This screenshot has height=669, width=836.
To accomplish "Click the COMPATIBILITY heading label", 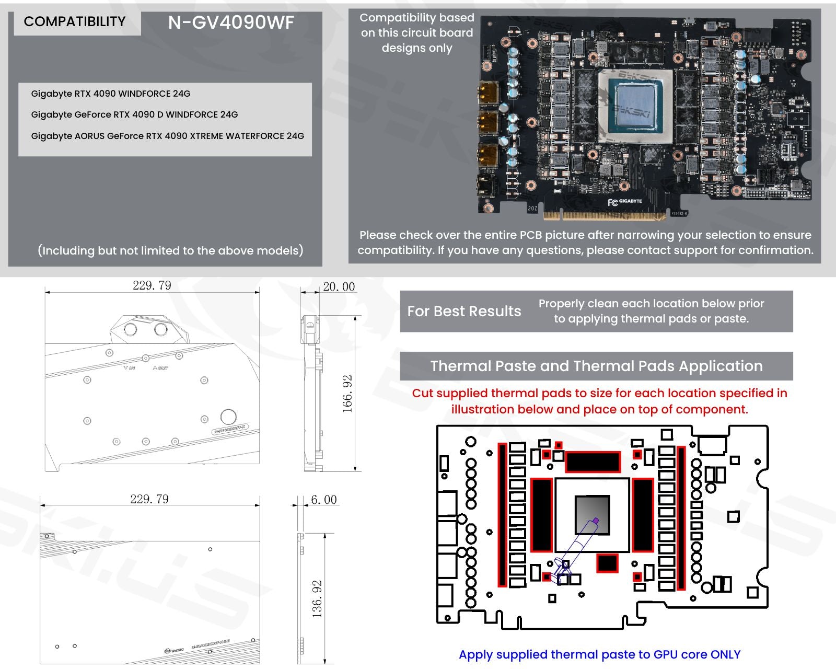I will tap(75, 21).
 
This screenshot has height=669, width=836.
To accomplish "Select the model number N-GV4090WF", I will tap(231, 22).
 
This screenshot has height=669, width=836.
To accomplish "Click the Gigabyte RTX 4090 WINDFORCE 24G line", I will tap(111, 94).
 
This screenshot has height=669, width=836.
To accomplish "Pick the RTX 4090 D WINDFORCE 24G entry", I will tap(134, 114).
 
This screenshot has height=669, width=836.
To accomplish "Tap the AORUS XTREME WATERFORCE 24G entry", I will tap(167, 136).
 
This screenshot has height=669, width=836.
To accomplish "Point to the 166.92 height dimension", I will tap(347, 394).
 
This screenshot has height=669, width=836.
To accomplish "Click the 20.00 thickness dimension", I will tap(339, 286).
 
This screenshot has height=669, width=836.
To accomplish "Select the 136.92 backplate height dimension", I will tap(317, 598).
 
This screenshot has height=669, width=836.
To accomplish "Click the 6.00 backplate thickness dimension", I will tap(323, 500).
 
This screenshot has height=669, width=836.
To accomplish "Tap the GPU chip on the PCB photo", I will tap(635, 106).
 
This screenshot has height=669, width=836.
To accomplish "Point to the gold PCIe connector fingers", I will tap(605, 215).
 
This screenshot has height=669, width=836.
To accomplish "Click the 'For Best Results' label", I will tap(464, 312).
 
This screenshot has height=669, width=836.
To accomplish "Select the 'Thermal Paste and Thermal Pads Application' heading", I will tap(596, 366).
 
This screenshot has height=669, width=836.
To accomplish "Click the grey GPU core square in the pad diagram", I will tap(592, 515).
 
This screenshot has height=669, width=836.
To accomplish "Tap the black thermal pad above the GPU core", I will tap(592, 462).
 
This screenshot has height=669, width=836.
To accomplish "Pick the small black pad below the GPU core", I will tap(607, 563).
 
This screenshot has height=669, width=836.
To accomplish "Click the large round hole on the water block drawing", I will tap(228, 417).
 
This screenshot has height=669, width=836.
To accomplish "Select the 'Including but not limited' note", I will tap(170, 250).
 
